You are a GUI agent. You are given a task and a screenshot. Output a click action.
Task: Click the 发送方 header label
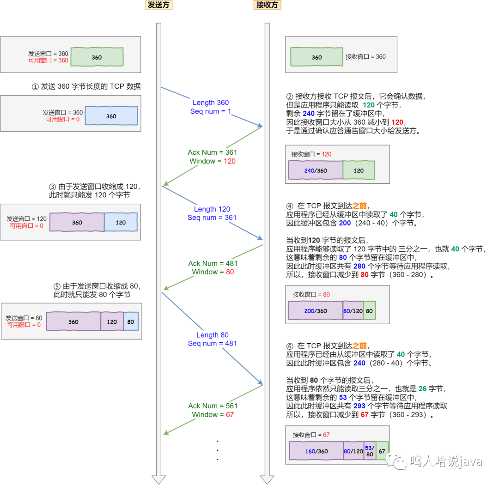158,5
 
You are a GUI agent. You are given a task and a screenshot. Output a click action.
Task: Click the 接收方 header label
267,5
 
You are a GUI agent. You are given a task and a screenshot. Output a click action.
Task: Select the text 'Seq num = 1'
211,111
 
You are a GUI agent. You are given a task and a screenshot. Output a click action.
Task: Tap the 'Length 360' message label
211,103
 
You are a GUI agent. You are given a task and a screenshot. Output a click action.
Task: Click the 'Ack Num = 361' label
212,152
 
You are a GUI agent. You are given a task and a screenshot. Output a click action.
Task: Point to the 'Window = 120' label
212,161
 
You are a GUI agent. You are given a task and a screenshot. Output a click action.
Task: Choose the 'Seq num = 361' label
212,218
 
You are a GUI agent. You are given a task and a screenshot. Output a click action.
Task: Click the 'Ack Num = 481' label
213,263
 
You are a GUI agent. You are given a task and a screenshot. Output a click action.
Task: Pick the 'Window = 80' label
213,272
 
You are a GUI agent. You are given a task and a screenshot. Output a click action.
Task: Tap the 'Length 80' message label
212,335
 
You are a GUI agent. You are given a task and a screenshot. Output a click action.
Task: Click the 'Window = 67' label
213,415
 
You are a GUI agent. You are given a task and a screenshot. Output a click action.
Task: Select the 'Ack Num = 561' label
213,406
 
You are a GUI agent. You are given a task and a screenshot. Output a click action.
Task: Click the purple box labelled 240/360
316,170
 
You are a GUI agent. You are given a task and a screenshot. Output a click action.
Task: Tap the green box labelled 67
382,451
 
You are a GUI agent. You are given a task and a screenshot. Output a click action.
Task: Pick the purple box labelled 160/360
316,451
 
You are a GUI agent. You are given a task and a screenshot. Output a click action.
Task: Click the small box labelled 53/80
370,451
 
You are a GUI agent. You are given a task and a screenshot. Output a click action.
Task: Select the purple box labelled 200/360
316,310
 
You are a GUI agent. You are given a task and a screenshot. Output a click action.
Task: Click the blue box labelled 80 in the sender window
131,321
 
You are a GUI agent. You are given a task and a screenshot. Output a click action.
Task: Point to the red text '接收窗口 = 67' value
326,435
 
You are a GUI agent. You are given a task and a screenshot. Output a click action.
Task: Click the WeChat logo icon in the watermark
396,461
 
